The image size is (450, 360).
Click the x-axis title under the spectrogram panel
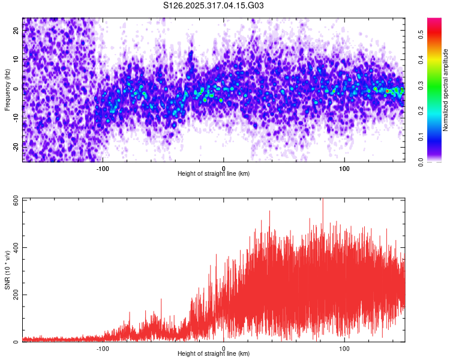(214, 173)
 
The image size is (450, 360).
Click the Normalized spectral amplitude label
(446, 90)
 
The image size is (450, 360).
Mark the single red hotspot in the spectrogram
(388, 91)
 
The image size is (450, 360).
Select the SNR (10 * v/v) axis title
(7, 271)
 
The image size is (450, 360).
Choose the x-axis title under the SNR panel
(214, 353)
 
